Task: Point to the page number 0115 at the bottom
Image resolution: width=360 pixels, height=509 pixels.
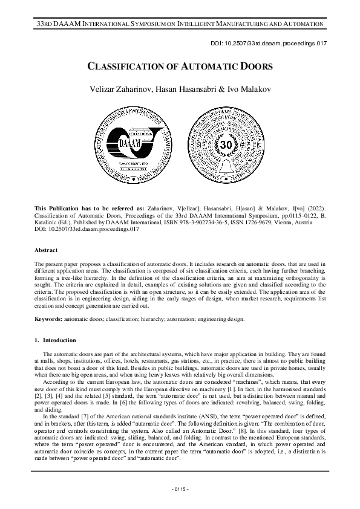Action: [180, 488]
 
